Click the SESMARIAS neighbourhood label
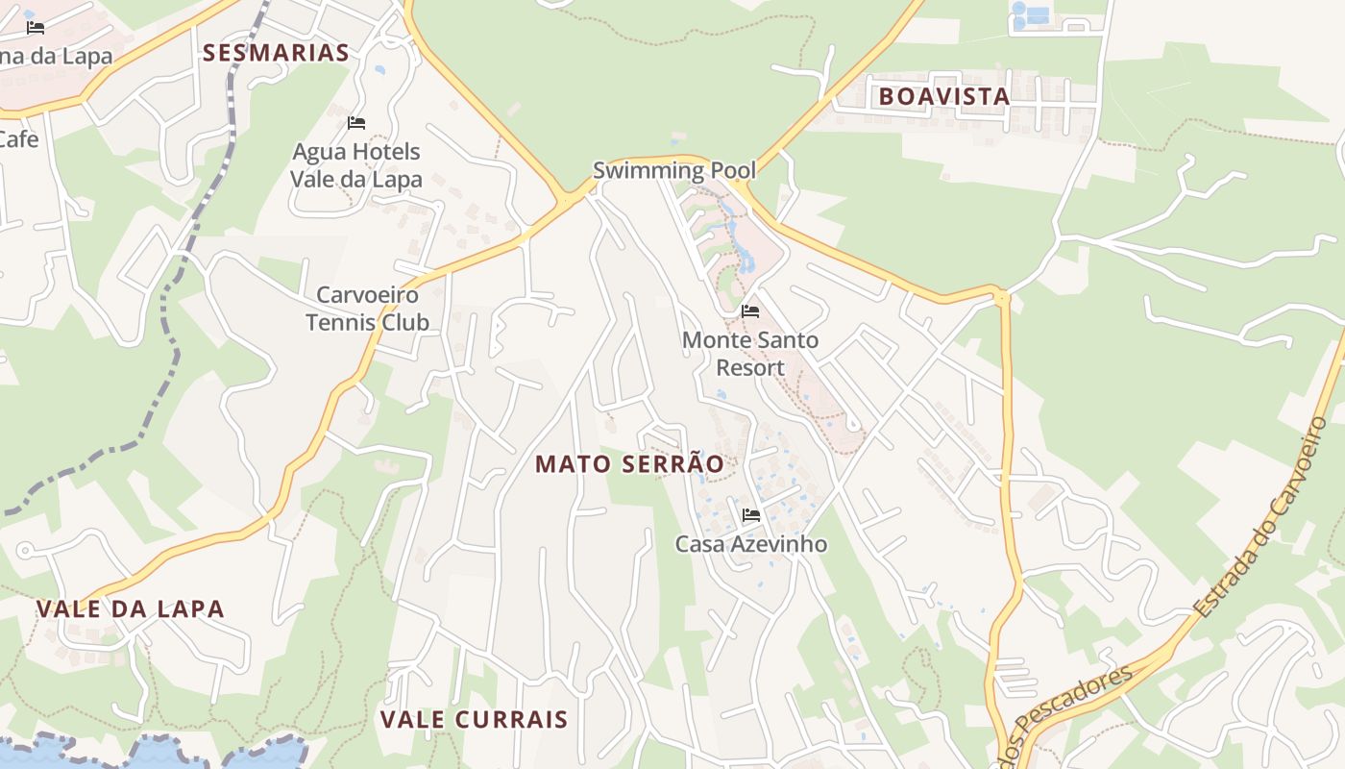tap(276, 53)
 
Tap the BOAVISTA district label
tap(943, 96)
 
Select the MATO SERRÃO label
tap(629, 464)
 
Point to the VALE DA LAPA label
tap(130, 608)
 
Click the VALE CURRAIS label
tap(474, 719)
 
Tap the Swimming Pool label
tap(674, 171)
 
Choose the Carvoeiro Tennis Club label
tap(367, 308)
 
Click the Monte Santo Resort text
tap(750, 354)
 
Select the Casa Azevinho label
tap(751, 544)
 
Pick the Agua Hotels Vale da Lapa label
tap(356, 165)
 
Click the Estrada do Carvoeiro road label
tap(1261, 517)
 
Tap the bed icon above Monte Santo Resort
tap(750, 311)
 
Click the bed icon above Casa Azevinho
tap(751, 515)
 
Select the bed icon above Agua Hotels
tap(356, 123)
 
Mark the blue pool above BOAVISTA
tap(1036, 15)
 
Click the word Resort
tap(750, 368)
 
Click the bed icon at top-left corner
tap(36, 28)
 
